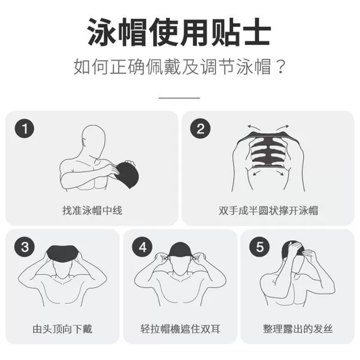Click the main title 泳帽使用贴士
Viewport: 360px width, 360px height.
[179, 32]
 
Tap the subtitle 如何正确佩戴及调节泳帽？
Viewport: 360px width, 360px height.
[180, 67]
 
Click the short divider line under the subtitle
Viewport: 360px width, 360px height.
[179, 98]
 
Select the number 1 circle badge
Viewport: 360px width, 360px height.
[25, 128]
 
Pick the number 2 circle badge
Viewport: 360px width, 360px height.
[200, 128]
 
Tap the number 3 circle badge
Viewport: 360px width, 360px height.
[25, 247]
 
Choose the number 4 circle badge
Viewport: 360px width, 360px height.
[143, 247]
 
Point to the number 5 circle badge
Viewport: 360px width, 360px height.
[260, 247]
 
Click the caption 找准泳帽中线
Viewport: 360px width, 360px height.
[92, 211]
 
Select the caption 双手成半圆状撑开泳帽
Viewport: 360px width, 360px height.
[268, 211]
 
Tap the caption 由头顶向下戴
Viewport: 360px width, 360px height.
[62, 329]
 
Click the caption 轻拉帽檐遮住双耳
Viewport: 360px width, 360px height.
[181, 329]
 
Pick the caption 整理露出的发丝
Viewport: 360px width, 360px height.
[298, 329]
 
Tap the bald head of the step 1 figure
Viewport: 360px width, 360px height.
[94, 139]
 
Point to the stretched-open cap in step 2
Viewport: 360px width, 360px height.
[268, 149]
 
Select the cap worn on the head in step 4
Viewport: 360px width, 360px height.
[181, 250]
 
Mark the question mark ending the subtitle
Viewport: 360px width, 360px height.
[281, 67]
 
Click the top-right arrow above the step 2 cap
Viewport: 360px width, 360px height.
[283, 127]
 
